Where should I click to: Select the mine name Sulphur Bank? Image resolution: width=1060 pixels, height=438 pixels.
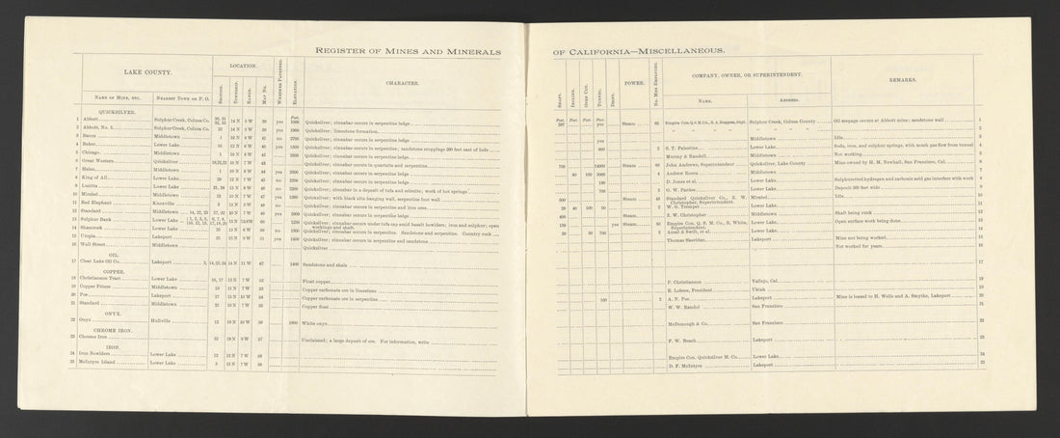click(98, 220)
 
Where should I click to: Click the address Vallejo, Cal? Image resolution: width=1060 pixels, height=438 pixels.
click(767, 280)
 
